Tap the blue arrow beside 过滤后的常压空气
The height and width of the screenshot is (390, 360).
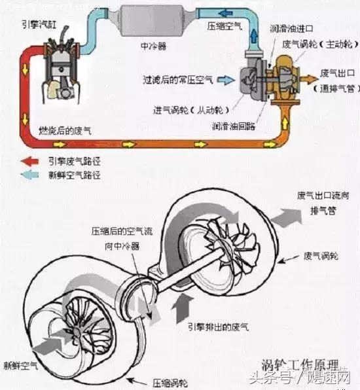click(x=226, y=80)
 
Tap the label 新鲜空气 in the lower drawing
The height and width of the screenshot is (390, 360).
click(x=19, y=364)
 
